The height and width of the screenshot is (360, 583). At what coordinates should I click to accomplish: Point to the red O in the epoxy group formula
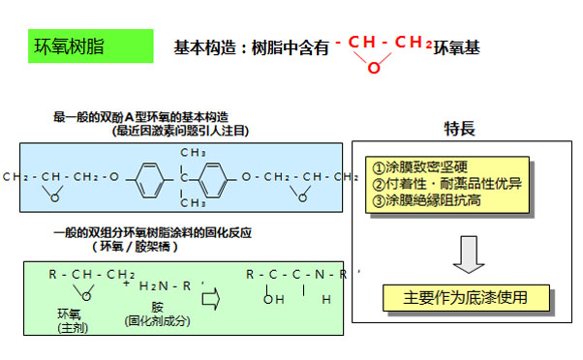(374, 67)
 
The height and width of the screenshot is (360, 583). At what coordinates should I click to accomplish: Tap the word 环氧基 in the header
(456, 46)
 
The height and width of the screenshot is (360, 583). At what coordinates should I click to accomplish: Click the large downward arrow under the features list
(467, 254)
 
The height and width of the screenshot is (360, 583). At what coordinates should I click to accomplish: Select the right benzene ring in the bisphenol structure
(216, 177)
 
